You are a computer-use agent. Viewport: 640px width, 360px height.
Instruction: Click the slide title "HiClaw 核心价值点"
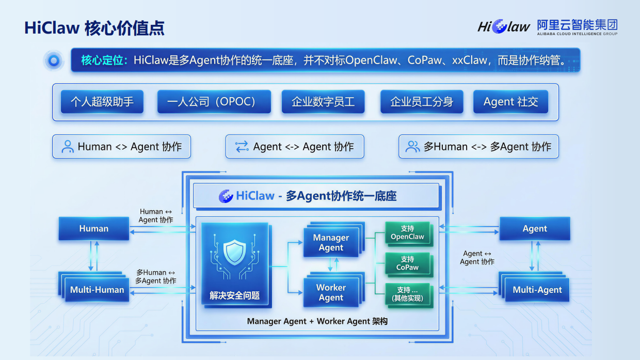[x=94, y=28]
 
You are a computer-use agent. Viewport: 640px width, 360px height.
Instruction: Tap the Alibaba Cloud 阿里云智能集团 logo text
[x=577, y=25]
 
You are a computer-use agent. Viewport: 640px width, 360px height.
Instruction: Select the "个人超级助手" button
[x=102, y=102]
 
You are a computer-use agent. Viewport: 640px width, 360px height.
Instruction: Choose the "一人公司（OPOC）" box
[x=214, y=102]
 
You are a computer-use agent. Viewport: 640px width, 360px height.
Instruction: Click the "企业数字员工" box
[x=323, y=102]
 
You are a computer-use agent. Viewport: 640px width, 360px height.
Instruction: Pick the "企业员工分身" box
[x=422, y=102]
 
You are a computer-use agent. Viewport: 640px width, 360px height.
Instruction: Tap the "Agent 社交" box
[x=510, y=102]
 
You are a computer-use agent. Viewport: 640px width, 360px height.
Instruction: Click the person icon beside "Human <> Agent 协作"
[x=68, y=147]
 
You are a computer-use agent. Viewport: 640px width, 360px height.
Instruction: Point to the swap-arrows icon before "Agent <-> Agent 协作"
[x=242, y=147]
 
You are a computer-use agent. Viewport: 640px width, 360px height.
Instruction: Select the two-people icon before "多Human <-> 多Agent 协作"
[x=412, y=147]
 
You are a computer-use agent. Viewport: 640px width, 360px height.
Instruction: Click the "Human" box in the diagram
[x=94, y=228]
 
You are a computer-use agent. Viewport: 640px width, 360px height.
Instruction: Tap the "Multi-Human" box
[x=97, y=290]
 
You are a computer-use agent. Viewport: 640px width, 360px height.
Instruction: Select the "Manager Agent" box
[x=331, y=243]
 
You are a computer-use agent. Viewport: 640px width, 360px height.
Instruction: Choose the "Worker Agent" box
[x=331, y=292]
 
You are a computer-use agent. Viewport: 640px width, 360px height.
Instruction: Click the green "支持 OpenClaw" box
[x=407, y=233]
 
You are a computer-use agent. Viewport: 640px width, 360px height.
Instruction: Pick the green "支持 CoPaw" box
[x=407, y=263]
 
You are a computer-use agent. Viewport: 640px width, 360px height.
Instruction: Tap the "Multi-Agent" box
[x=537, y=290]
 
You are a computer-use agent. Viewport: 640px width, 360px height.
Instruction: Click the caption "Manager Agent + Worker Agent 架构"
[x=317, y=321]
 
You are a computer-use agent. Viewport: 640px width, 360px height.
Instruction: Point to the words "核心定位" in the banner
[x=104, y=60]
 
